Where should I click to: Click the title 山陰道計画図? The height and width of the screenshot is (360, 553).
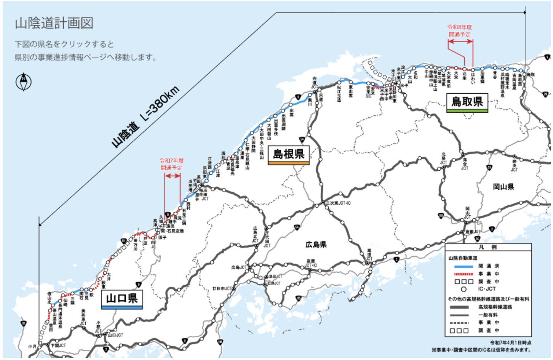coord(54,23)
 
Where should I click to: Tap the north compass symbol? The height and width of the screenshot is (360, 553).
coord(24,82)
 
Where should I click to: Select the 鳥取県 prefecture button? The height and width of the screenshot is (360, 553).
coord(467,102)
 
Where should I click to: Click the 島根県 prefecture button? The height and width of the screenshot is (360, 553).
coord(288,155)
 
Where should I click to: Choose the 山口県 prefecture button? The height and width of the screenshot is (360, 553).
coord(122,298)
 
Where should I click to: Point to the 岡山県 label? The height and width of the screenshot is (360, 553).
coord(503,187)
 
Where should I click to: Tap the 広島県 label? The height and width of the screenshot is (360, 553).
coord(316,244)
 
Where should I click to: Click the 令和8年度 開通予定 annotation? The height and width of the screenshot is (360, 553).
coord(460,30)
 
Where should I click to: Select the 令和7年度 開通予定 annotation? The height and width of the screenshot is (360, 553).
coord(171,164)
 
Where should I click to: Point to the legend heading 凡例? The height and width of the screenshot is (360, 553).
coord(488,247)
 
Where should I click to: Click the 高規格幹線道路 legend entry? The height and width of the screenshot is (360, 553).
coord(495,307)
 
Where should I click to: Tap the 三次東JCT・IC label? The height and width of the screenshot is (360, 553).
coord(338,203)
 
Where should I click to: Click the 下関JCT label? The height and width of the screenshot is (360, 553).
coord(58,345)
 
